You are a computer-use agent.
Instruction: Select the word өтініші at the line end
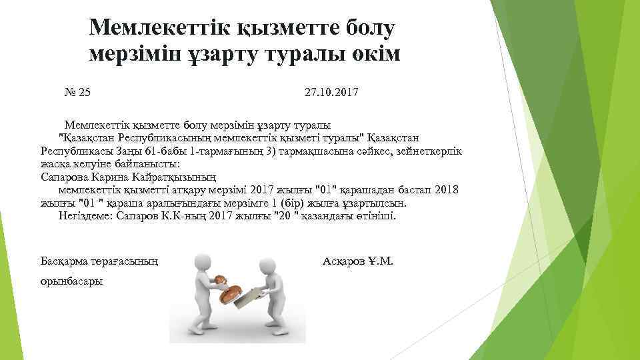click(377, 216)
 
